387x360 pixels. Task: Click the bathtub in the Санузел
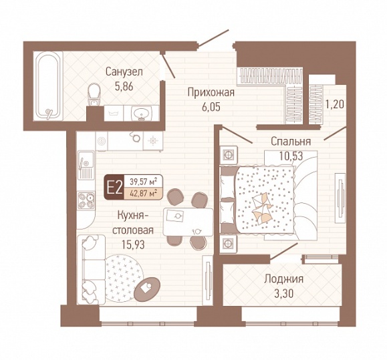[x=48, y=85]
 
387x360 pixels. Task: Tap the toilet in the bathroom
[x=94, y=94]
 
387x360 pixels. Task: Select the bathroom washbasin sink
[x=141, y=114]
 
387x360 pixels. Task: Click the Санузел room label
[x=124, y=72]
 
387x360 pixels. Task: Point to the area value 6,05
[x=211, y=108]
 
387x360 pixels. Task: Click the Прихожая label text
[x=211, y=93]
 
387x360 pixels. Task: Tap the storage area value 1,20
[x=334, y=105]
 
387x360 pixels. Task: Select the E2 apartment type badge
[x=114, y=188]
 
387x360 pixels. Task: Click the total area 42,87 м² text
[x=144, y=194]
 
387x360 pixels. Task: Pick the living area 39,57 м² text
[x=144, y=182]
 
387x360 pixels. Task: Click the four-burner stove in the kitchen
[x=86, y=200]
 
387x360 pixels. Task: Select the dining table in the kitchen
[x=188, y=222]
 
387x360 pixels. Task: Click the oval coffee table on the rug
[x=147, y=289]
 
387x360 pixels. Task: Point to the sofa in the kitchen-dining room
[x=91, y=270]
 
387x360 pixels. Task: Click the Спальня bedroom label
[x=291, y=142]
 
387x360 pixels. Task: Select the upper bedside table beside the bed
[x=229, y=155]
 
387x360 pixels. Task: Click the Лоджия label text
[x=284, y=279]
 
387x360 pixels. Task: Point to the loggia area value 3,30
[x=283, y=293]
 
